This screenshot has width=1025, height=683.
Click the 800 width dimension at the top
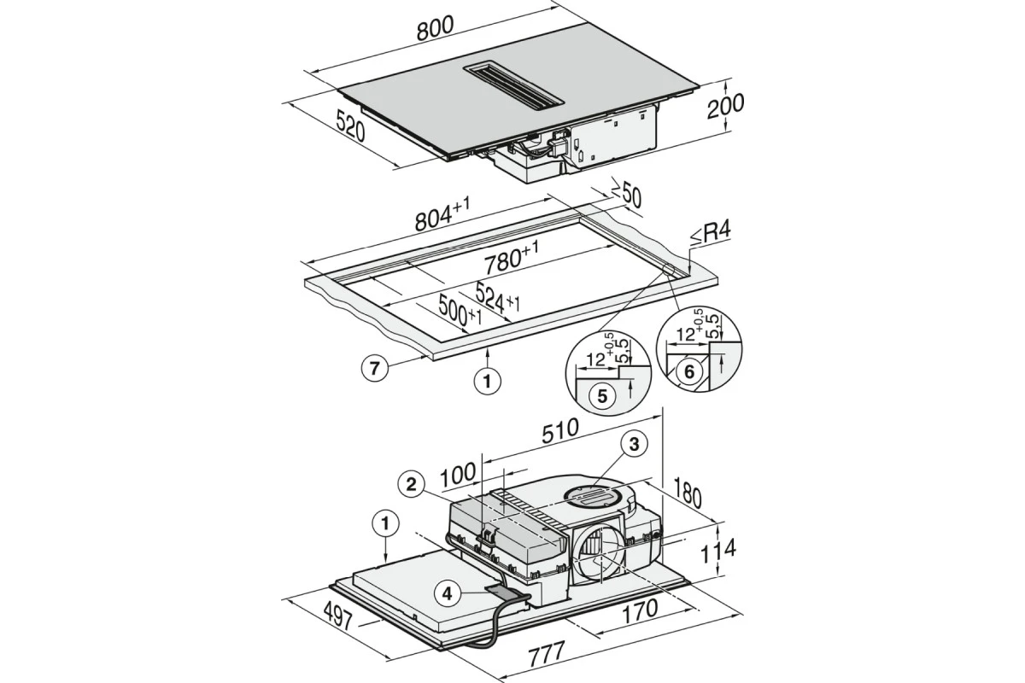(x=435, y=28)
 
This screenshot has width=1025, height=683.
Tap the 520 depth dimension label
(x=350, y=125)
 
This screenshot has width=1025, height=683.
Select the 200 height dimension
(x=725, y=106)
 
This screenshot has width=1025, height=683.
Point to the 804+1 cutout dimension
(x=442, y=214)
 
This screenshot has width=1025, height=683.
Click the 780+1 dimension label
(x=511, y=258)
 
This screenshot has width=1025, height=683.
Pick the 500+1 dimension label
(x=460, y=311)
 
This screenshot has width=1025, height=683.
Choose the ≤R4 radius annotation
(x=711, y=234)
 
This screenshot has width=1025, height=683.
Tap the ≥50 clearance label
(x=626, y=196)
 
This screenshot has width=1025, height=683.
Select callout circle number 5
(x=602, y=395)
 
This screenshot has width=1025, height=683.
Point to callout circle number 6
(x=688, y=372)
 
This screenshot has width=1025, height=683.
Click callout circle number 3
(x=634, y=443)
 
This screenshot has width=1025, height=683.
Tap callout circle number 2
(x=412, y=484)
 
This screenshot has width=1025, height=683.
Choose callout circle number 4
(x=447, y=594)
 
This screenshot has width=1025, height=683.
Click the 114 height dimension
(x=718, y=551)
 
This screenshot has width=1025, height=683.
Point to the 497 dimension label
(x=337, y=616)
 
